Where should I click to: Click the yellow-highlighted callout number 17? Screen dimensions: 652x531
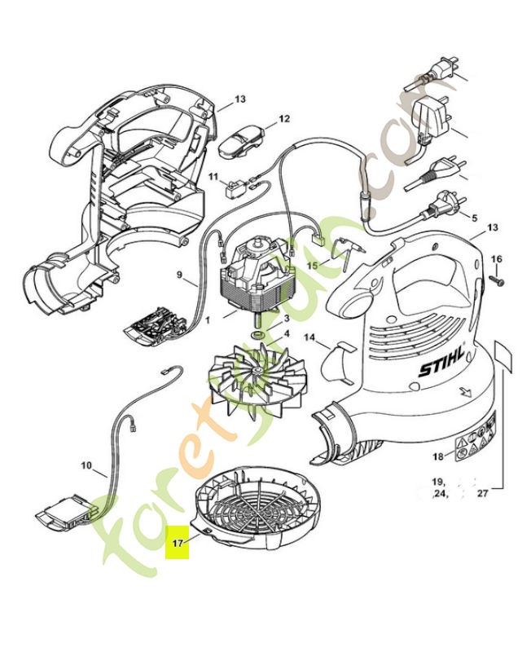click(x=177, y=540)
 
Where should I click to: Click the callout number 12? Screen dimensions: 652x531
click(x=283, y=119)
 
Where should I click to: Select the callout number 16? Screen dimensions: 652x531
click(x=498, y=259)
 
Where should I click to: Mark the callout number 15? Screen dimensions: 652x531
click(x=313, y=266)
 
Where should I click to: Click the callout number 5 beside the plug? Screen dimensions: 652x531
click(x=475, y=218)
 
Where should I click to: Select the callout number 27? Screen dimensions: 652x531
click(x=482, y=493)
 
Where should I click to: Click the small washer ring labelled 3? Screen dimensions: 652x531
click(x=257, y=335)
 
